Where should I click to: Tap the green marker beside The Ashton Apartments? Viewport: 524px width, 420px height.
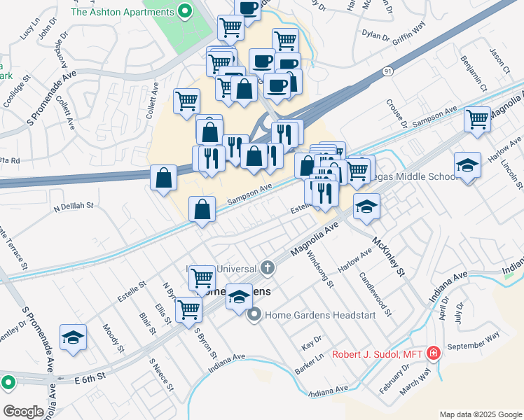coord(185,11)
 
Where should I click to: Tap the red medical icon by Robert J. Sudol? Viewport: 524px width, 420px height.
coord(434,353)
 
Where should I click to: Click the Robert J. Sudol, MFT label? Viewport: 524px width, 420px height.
coord(376,354)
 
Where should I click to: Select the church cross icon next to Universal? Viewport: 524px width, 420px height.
coord(267,267)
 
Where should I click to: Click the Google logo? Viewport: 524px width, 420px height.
coord(23,411)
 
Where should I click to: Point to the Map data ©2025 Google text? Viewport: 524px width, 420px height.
coord(480,414)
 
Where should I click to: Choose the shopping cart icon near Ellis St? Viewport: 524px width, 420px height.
coord(188,308)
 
